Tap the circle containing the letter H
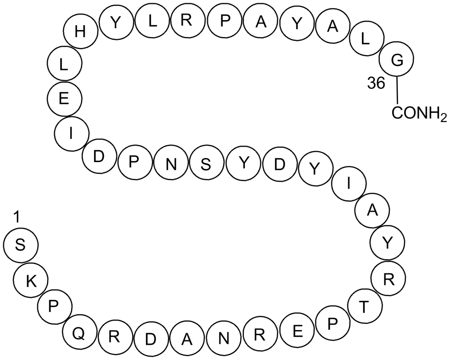(x=80, y=33)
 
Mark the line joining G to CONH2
(x=397, y=90)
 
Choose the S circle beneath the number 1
(x=20, y=246)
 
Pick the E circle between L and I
(x=64, y=99)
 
